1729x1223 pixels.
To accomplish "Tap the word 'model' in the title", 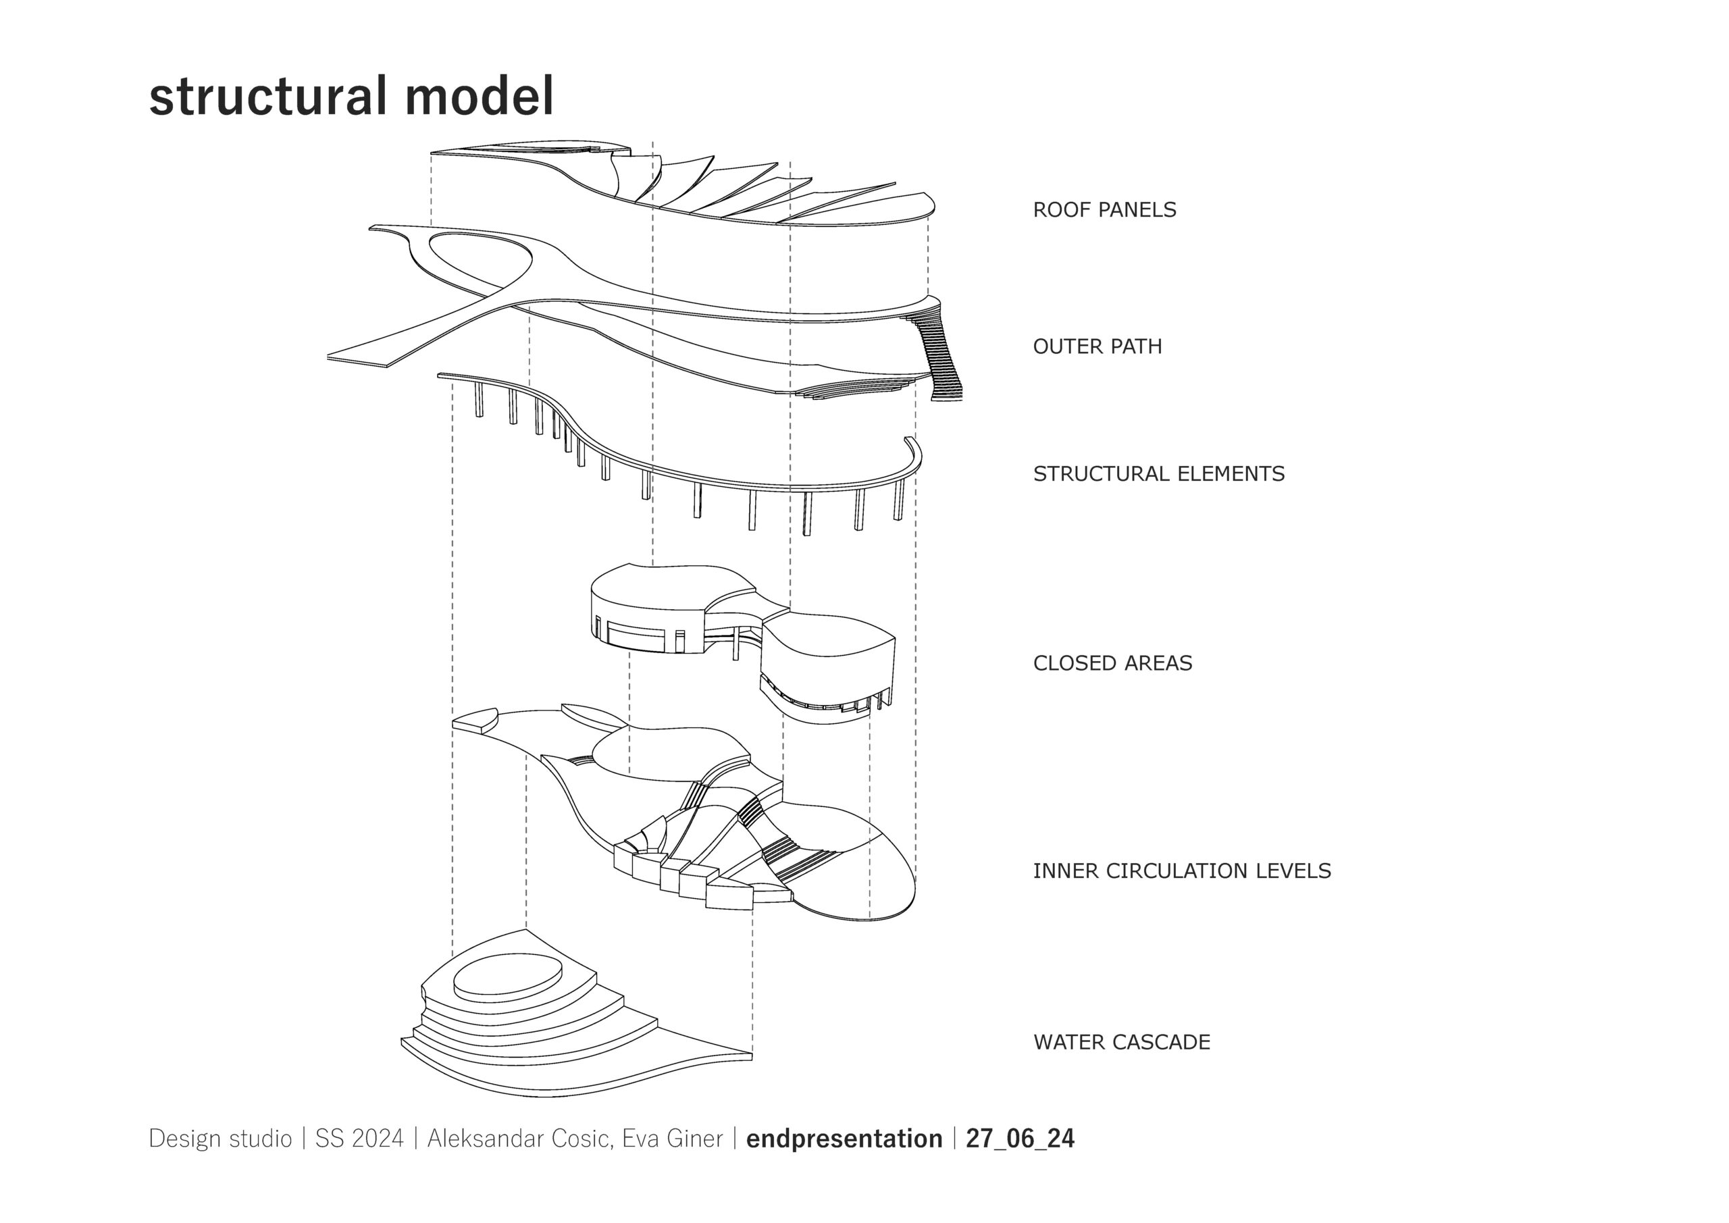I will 479,97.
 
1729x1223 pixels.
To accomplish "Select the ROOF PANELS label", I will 1104,209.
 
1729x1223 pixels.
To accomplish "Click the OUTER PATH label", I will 1098,346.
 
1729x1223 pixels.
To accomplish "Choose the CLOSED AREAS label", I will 1112,663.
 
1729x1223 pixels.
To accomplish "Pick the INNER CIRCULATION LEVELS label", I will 1181,871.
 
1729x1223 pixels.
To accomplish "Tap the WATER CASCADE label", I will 1121,1042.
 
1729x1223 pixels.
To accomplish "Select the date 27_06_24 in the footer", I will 1020,1139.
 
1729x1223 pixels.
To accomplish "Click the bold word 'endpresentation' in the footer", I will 844,1139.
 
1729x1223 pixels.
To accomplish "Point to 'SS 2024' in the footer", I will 359,1139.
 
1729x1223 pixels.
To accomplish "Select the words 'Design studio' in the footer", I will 220,1139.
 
